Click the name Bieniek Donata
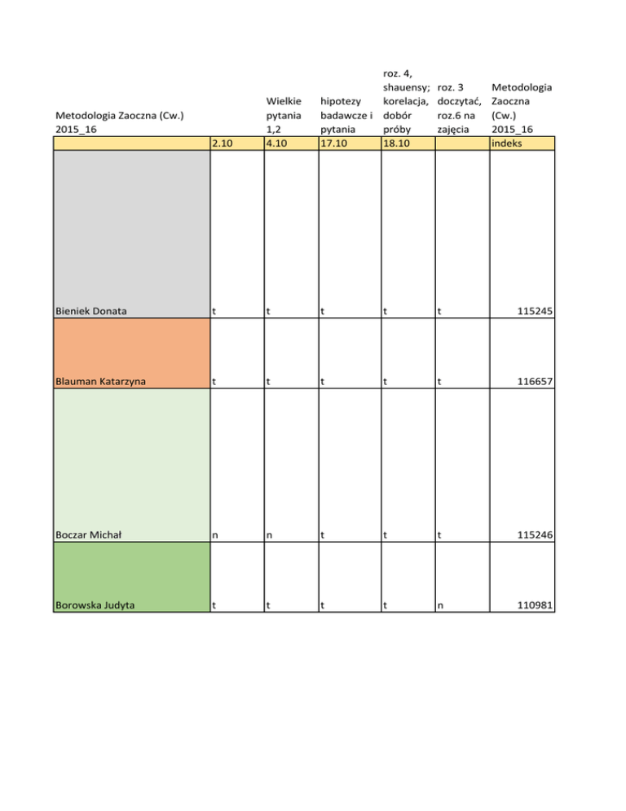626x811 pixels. click(x=92, y=311)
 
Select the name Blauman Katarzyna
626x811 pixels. click(x=101, y=380)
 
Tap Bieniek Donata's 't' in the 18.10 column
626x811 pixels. click(x=386, y=311)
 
